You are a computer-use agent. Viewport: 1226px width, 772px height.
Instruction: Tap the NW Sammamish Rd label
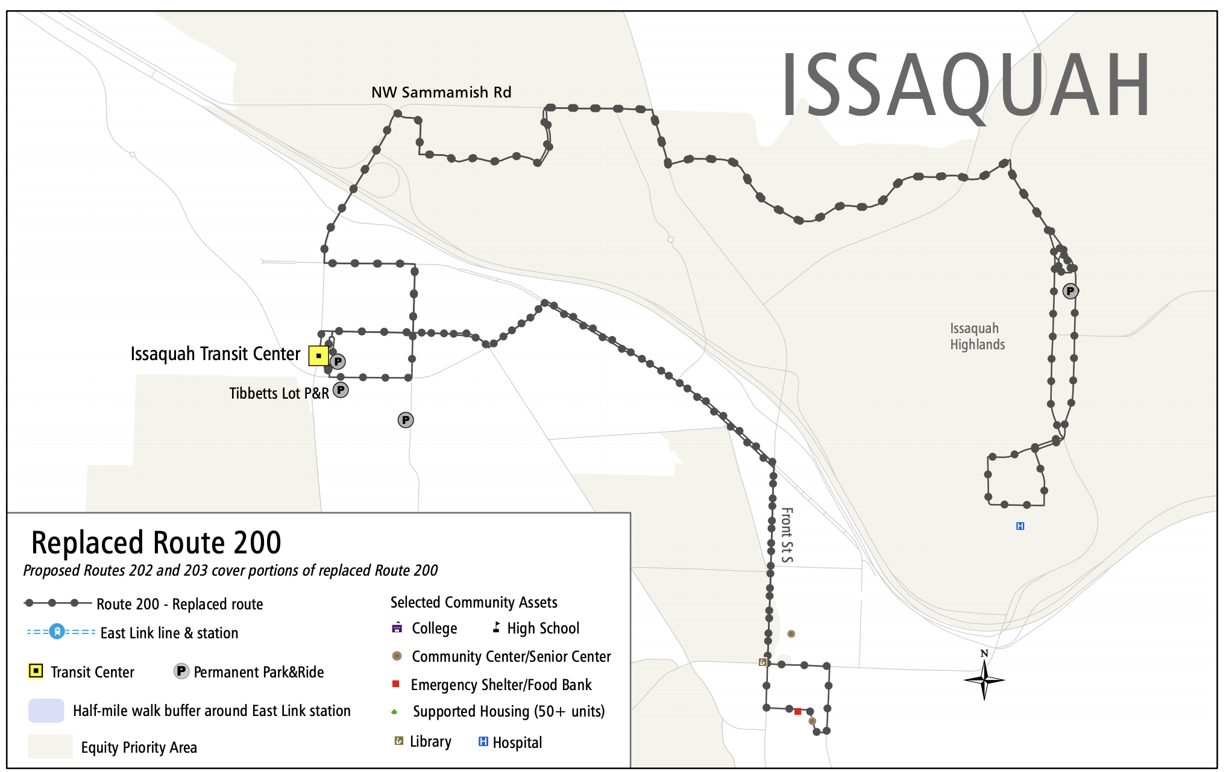pos(441,92)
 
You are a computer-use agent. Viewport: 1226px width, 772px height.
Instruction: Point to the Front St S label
pos(787,535)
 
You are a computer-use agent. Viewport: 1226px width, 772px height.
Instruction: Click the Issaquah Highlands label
pos(977,336)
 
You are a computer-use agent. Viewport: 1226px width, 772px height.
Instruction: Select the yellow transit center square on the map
pos(318,355)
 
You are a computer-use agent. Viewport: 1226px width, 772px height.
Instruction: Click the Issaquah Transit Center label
pos(215,353)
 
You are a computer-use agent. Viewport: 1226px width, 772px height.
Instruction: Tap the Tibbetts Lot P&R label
pos(279,393)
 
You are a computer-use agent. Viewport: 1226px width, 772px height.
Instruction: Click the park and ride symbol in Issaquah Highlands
pos(1070,291)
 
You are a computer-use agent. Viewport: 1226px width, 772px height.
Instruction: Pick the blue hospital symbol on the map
pos(1020,526)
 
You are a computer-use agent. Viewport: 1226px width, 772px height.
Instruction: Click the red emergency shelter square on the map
pos(797,711)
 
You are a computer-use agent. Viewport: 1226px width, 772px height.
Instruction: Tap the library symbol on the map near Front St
pos(762,662)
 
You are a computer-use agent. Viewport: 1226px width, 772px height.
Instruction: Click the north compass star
pos(984,679)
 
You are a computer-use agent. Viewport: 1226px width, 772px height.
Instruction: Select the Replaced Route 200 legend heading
pos(156,542)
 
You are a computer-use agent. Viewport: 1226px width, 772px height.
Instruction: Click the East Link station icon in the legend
pos(57,632)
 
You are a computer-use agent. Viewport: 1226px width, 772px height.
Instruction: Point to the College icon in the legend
pos(397,627)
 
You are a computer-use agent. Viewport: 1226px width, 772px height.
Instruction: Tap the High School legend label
pos(542,628)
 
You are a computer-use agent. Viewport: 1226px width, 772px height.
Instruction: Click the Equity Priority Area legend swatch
pos(50,746)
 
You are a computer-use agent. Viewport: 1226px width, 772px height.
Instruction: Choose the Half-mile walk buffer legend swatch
pos(46,710)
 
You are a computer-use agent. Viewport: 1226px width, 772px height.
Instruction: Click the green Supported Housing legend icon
pos(395,712)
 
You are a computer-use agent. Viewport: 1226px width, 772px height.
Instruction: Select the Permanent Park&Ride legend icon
pos(181,671)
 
